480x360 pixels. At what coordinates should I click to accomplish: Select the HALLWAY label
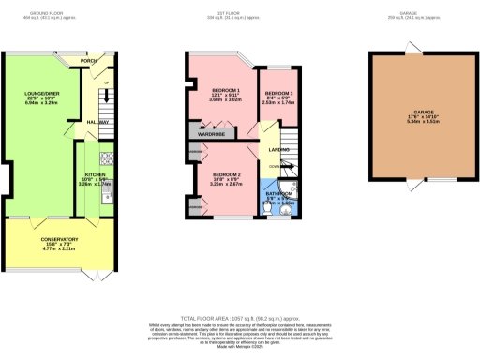(98, 122)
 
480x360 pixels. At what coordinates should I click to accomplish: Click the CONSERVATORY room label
(59, 240)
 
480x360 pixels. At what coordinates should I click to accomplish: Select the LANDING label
(278, 149)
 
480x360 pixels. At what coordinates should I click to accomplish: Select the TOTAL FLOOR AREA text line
(240, 319)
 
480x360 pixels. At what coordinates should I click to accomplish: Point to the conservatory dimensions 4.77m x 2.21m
(59, 250)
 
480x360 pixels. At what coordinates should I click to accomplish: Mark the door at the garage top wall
(409, 48)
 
